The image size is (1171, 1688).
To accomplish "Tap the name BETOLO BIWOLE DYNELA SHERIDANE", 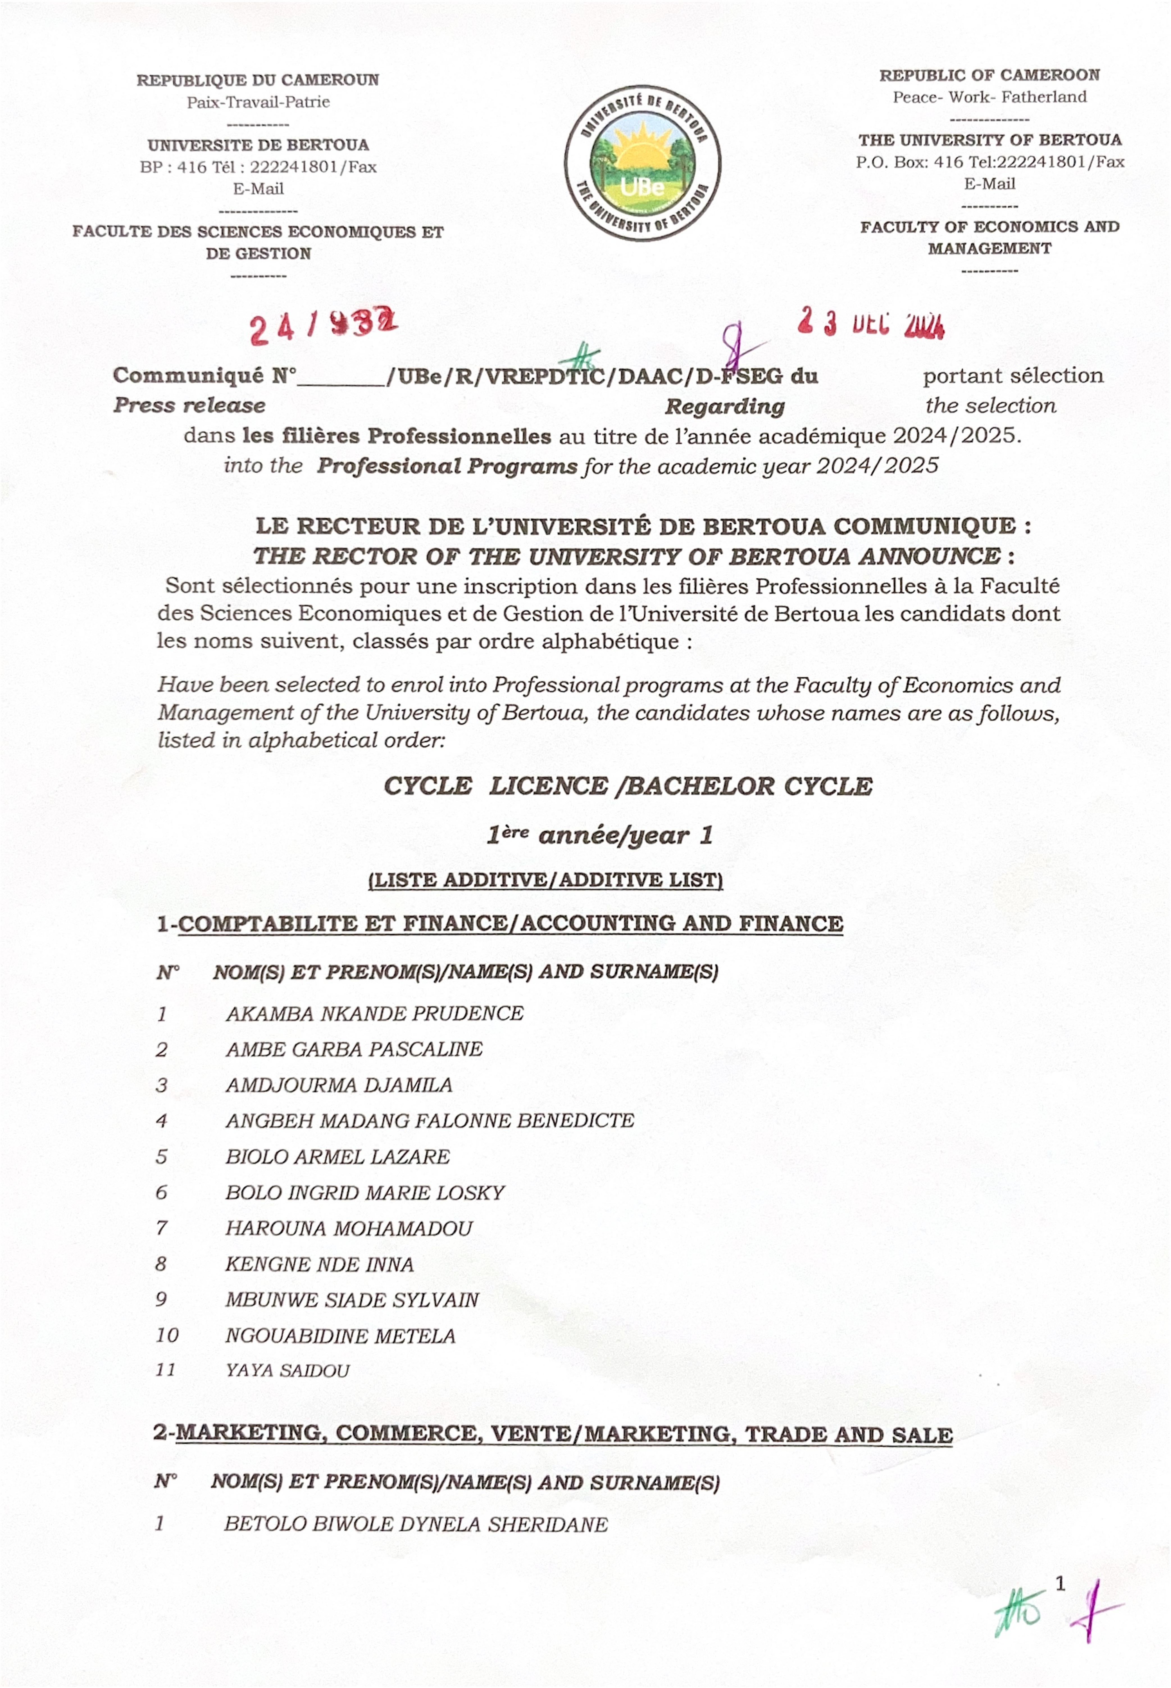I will click(x=415, y=1524).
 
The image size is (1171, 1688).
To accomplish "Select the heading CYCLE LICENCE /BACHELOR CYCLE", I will click(x=628, y=786).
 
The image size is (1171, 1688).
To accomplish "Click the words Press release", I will click(x=189, y=406).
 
